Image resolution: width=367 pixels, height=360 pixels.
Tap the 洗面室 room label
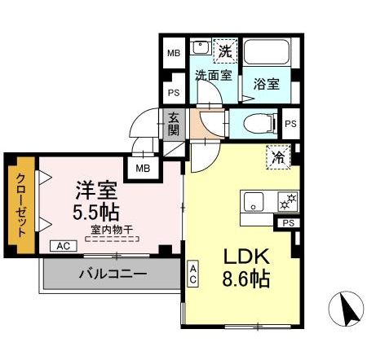point(213,76)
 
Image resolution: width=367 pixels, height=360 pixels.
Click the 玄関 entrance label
point(175,122)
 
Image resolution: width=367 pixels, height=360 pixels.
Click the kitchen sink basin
point(252,200)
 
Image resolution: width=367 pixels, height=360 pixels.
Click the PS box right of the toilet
point(291,124)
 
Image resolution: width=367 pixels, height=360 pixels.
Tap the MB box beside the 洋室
point(142,169)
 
